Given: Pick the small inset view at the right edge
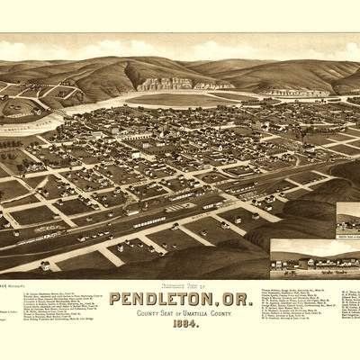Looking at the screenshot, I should click(x=348, y=220).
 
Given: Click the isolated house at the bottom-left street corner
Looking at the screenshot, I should click(x=44, y=265).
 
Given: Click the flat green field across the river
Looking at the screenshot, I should click(x=180, y=99).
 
